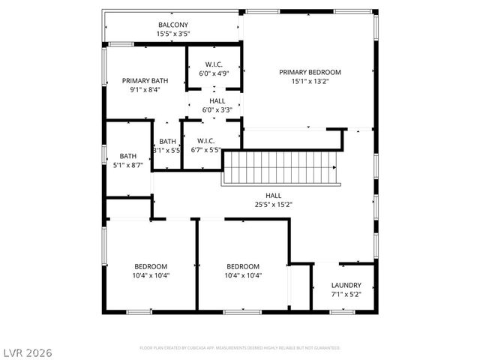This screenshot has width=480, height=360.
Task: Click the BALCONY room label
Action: [x=172, y=25]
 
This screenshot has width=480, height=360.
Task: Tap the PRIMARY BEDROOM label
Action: [x=310, y=73]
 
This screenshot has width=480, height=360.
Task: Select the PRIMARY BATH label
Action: [x=145, y=80]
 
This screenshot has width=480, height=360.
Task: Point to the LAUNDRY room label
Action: [x=346, y=286]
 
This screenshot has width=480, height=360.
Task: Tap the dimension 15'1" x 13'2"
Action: [x=310, y=82]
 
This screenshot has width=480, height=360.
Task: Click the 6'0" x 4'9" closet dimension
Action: [x=214, y=74]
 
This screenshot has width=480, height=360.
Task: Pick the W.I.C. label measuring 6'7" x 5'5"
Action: [x=206, y=141]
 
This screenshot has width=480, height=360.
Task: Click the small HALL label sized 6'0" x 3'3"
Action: [x=217, y=100]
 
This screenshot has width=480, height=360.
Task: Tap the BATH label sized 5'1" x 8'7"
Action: [x=127, y=156]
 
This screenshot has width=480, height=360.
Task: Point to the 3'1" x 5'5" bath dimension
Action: [x=167, y=150]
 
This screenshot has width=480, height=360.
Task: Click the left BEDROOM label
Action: [x=151, y=266]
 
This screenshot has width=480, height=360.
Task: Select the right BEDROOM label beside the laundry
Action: [x=243, y=266]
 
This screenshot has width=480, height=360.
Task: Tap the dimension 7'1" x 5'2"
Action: [x=346, y=295]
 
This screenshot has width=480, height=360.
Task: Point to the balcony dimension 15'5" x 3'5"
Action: [x=172, y=34]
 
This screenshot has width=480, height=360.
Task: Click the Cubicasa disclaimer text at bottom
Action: [x=240, y=348]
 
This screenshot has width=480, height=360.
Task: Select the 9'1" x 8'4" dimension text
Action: [x=145, y=89]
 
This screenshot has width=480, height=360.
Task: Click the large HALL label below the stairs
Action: [x=273, y=195]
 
